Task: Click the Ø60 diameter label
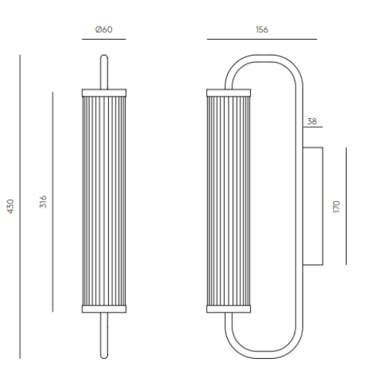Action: [x=104, y=30]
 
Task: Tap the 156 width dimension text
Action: [x=261, y=30]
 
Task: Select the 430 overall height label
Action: [x=11, y=207]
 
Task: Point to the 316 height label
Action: [x=43, y=203]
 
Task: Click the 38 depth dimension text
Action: [x=312, y=121]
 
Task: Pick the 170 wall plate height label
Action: [x=337, y=206]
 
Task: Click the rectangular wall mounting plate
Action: [x=312, y=206]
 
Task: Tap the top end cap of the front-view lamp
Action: [x=104, y=91]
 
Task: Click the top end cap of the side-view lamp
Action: [x=229, y=91]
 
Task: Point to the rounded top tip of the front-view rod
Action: [x=104, y=56]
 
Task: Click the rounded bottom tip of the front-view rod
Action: [x=104, y=355]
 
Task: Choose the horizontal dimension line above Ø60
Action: [x=104, y=39]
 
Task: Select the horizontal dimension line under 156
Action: [x=261, y=39]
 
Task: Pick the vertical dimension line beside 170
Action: [x=346, y=206]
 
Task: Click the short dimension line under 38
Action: [x=313, y=129]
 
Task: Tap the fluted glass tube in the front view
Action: [x=104, y=200]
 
